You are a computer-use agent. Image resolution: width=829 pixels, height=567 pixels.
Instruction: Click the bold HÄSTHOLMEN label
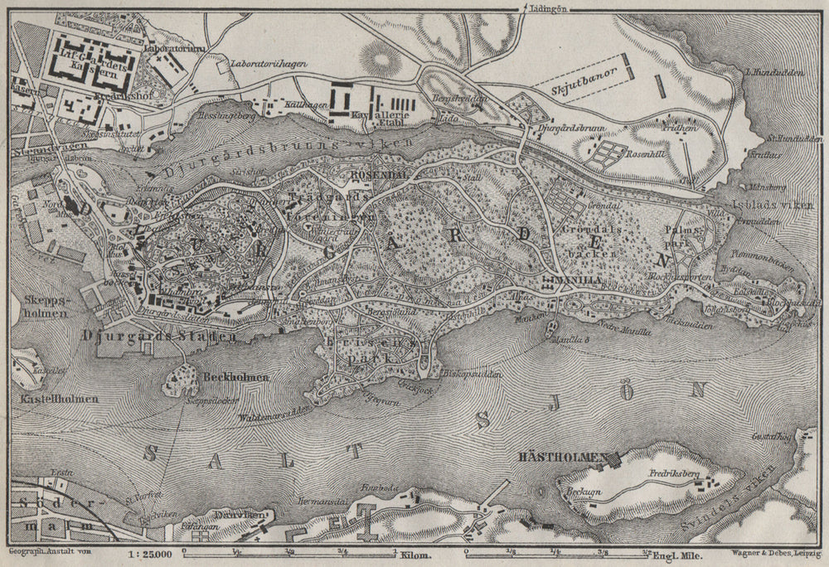tap(570, 456)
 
